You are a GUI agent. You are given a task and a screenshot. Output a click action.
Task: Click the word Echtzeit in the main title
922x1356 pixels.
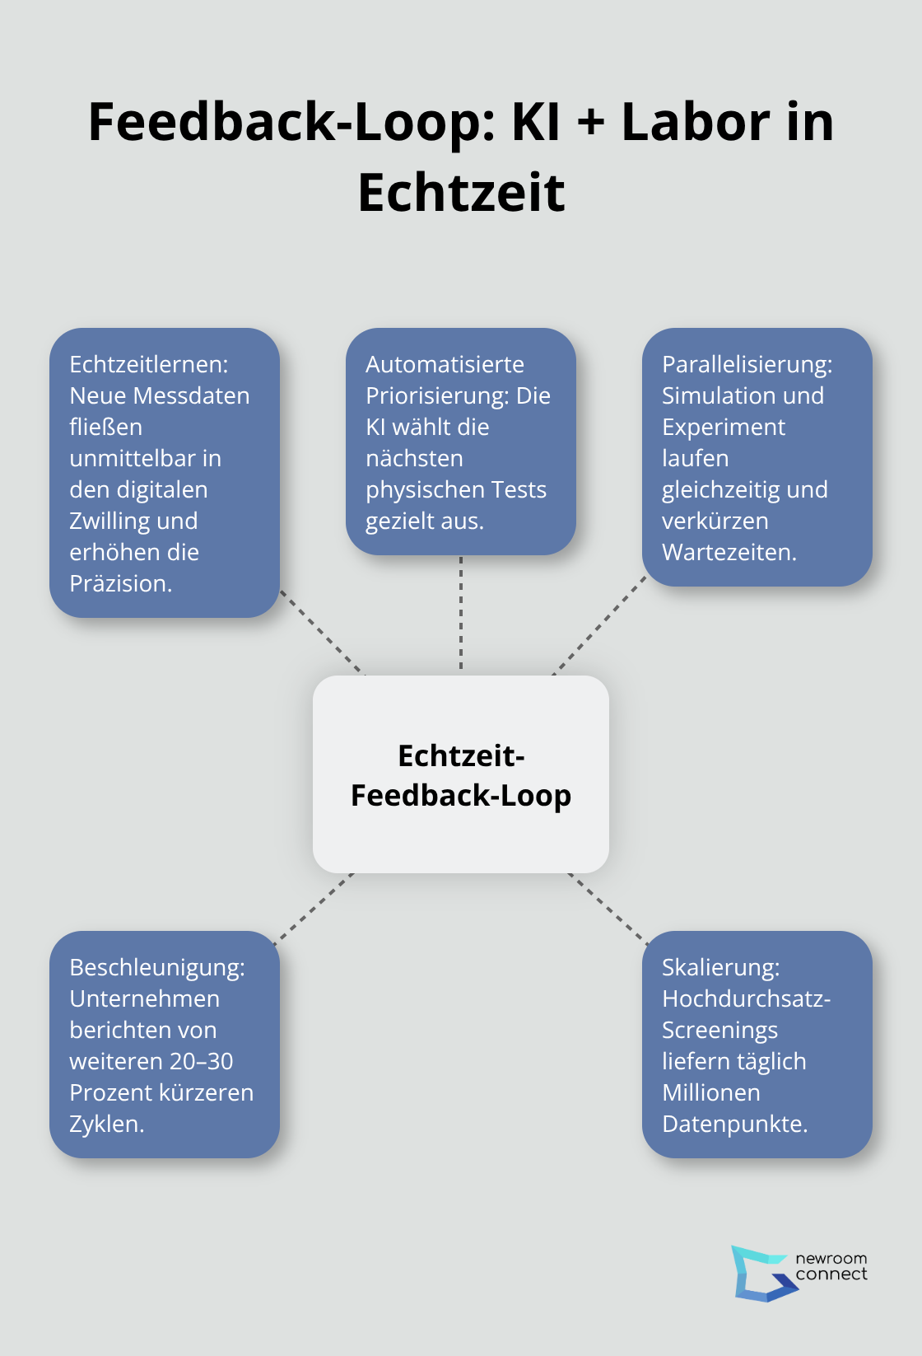(461, 193)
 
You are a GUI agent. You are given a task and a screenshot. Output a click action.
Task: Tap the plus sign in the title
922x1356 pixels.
(590, 123)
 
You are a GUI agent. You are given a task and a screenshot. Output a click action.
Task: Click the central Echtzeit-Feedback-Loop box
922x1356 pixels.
(461, 774)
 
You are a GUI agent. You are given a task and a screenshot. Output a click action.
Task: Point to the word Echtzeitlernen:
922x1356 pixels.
(148, 364)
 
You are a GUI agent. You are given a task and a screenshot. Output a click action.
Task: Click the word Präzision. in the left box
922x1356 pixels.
(121, 583)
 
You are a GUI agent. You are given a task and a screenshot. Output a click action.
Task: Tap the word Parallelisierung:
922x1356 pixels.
(747, 364)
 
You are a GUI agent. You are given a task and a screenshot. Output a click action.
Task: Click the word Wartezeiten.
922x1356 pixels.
(729, 552)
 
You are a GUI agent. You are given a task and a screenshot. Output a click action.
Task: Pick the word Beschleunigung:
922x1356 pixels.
(156, 967)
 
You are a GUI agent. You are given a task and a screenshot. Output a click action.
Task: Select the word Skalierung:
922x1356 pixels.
(720, 967)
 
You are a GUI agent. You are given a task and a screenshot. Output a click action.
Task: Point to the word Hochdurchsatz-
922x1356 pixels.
(746, 998)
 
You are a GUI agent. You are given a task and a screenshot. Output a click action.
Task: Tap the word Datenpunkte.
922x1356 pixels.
(734, 1124)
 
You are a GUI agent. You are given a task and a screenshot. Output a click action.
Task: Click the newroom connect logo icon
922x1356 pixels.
(761, 1274)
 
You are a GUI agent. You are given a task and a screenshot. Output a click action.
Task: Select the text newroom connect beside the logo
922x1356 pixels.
(831, 1266)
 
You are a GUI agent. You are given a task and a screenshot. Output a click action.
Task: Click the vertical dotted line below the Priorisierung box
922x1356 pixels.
(461, 614)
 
